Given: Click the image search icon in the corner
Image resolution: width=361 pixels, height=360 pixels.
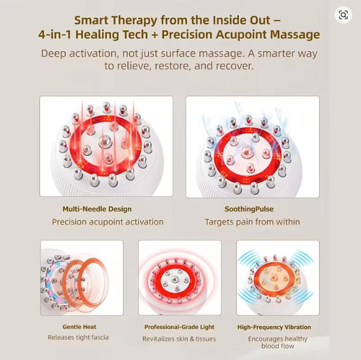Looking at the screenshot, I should click(x=343, y=15).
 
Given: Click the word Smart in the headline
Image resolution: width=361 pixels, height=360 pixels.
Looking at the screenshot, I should click(x=90, y=20).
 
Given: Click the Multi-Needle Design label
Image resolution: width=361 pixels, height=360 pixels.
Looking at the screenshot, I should click(x=97, y=209).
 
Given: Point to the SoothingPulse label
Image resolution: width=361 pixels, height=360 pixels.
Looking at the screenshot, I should click(x=249, y=209).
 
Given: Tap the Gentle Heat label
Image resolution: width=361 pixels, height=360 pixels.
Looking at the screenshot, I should click(x=79, y=327).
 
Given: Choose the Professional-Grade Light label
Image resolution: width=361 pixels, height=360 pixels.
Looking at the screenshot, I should click(x=179, y=327).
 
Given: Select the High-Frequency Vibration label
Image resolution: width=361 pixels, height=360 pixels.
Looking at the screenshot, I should click(x=274, y=327).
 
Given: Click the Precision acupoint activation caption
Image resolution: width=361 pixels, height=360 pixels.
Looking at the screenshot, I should click(x=107, y=222).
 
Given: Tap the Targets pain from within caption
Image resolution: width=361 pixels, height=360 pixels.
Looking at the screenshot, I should click(x=252, y=222).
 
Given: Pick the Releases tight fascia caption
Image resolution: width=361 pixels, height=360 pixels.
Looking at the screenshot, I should click(x=78, y=337).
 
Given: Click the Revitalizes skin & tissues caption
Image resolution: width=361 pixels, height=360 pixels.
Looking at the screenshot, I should click(x=179, y=339).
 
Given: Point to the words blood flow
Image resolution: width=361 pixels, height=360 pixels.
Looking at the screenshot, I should click(x=277, y=346).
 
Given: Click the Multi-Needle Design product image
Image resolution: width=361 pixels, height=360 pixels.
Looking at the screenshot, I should click(x=106, y=146).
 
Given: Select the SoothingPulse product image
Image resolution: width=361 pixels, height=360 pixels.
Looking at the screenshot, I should click(x=253, y=147).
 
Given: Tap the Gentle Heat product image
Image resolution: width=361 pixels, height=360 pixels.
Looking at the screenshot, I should click(x=81, y=278).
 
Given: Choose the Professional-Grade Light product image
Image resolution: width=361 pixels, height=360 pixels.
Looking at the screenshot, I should click(x=179, y=278).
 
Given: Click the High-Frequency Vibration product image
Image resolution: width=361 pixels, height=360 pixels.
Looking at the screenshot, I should click(x=277, y=278).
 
